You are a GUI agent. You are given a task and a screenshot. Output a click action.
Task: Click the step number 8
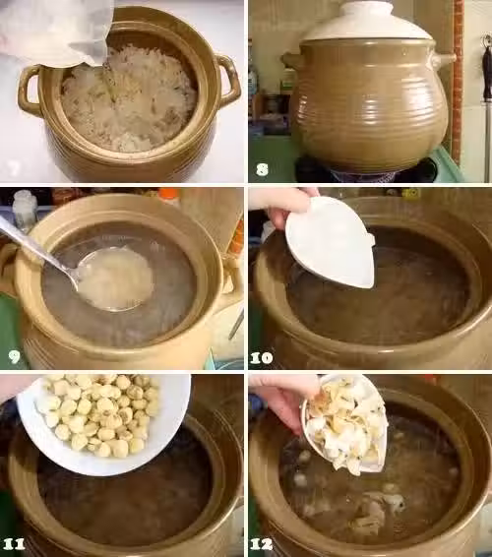[x=262, y=169]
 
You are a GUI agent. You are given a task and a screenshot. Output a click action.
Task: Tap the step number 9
[x=14, y=356]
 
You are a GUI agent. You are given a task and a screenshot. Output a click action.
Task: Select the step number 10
[x=261, y=357]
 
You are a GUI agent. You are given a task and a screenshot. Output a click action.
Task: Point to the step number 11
[x=13, y=544]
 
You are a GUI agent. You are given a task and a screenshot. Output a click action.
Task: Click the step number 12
[x=261, y=544]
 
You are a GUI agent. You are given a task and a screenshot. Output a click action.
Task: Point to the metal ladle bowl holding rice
[x=115, y=278]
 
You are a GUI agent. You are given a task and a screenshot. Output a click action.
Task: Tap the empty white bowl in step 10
[x=331, y=241]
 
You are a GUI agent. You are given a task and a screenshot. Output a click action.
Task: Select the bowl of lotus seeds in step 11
[x=103, y=423]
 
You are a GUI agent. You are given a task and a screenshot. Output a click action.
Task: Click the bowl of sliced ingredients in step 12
[x=343, y=424]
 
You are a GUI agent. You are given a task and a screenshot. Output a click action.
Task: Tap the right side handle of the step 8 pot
[x=442, y=58]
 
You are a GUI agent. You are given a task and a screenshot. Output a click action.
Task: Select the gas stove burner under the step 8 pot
[x=366, y=173]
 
